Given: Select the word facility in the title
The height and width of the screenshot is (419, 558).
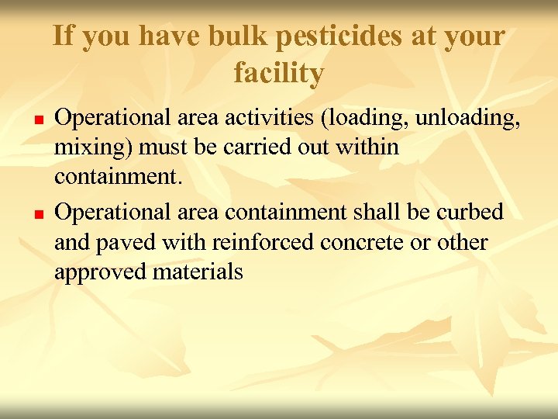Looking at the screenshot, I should coord(278,74).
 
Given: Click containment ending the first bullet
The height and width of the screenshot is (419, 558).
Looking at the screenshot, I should coord(117,178).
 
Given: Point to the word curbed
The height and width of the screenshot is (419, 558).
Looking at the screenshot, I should coord(476,212).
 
